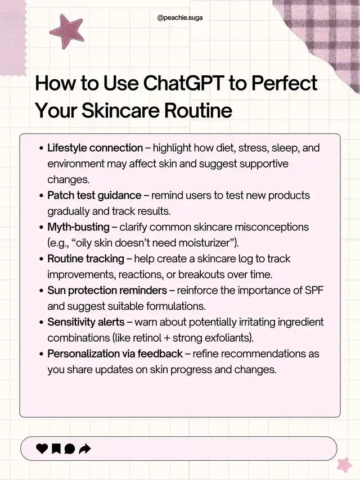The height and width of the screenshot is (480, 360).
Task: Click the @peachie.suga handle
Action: [180, 18]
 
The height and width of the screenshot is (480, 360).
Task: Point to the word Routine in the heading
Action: [198, 110]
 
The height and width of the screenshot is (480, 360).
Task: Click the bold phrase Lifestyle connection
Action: [95, 148]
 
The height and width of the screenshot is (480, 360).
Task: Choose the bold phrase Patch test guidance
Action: [94, 195]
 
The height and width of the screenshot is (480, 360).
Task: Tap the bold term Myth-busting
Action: [78, 227]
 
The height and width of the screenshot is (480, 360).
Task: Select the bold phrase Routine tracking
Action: [86, 259]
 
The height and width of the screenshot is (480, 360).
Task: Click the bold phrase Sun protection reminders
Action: [107, 290]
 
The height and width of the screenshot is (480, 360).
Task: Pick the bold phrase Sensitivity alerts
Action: [86, 322]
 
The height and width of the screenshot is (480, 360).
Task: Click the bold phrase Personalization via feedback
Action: [115, 354]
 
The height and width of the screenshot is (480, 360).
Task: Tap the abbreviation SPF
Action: [314, 290]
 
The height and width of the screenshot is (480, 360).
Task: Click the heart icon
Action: [42, 449]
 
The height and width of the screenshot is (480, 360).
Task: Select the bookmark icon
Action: [56, 449]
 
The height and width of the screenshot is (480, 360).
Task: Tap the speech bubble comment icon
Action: [70, 449]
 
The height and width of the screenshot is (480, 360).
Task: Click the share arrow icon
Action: [85, 449]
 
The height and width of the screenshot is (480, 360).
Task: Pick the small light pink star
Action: [344, 465]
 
